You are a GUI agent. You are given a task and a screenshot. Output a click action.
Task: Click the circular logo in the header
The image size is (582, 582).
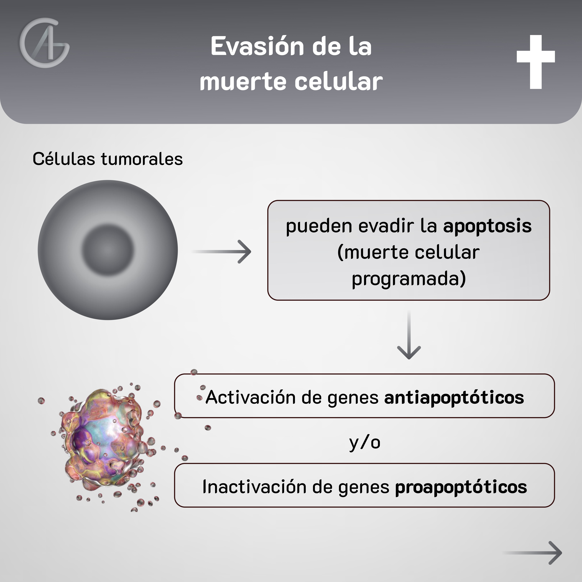click(x=45, y=43)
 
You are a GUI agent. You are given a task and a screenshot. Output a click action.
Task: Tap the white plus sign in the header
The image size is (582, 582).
click(x=536, y=62)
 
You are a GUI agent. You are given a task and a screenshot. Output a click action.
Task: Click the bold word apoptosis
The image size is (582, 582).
click(x=487, y=226)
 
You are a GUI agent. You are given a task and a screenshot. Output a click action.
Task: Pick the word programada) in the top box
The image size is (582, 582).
click(x=409, y=279)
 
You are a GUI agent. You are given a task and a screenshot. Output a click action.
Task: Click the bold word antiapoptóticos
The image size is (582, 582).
click(x=454, y=398)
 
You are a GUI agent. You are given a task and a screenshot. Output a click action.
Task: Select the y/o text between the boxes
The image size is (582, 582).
click(x=364, y=443)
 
